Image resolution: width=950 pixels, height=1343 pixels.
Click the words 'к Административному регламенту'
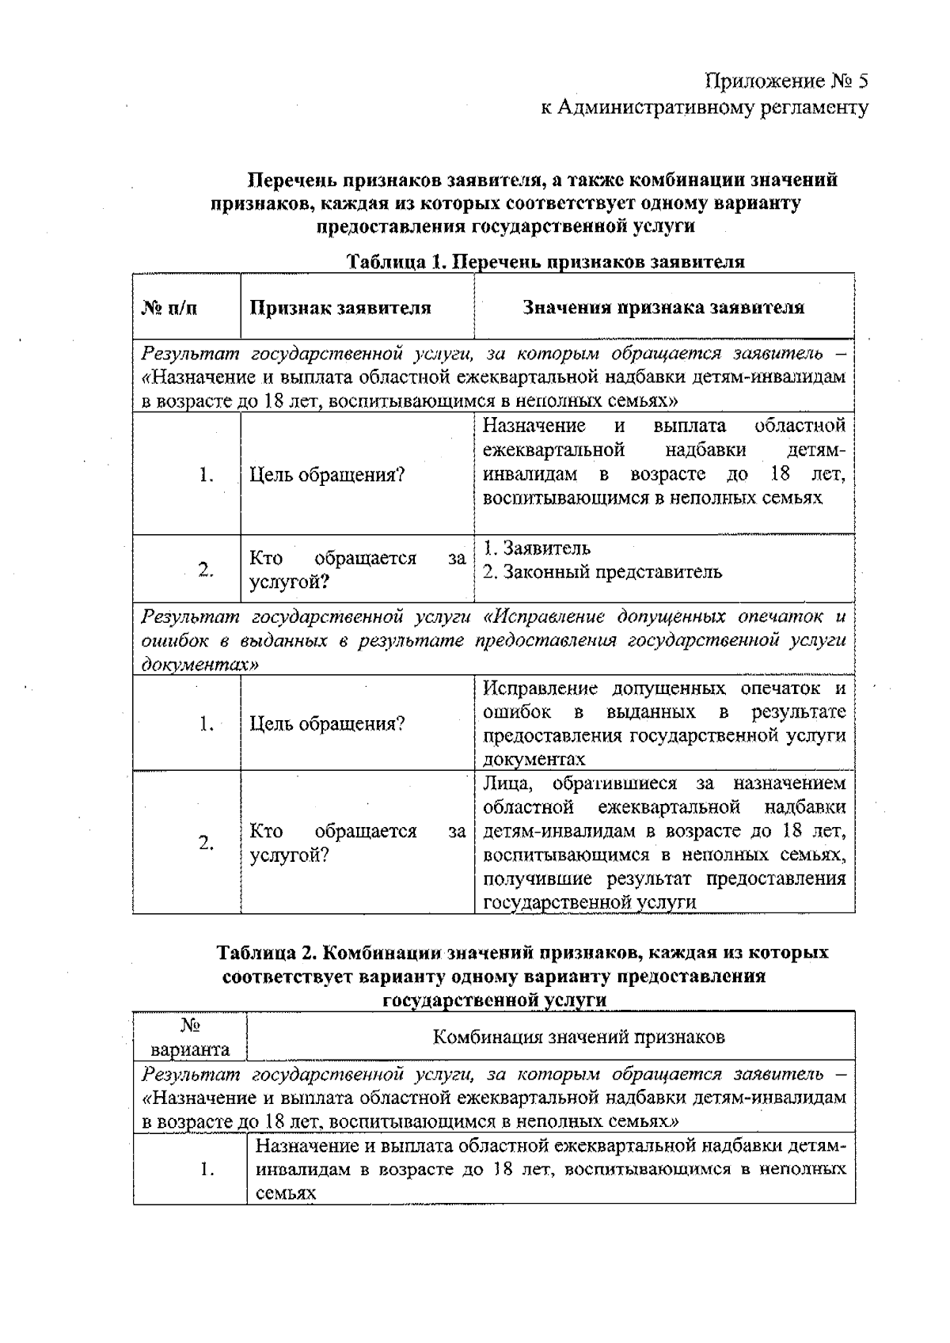[x=704, y=107]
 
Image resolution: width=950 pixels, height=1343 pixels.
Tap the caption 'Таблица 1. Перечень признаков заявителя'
[x=546, y=262]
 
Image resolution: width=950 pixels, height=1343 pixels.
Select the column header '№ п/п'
[x=169, y=308]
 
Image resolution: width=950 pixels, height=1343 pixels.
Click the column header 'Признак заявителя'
[x=340, y=308]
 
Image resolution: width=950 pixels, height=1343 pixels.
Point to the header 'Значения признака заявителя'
[x=663, y=308]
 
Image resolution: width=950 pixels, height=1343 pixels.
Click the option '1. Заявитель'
[x=537, y=548]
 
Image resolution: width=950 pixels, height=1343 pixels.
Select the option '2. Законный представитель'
[x=602, y=571]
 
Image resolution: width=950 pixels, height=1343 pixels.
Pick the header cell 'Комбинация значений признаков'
[x=579, y=1037]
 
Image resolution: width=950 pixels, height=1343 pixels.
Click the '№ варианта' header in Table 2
[x=190, y=1038]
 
